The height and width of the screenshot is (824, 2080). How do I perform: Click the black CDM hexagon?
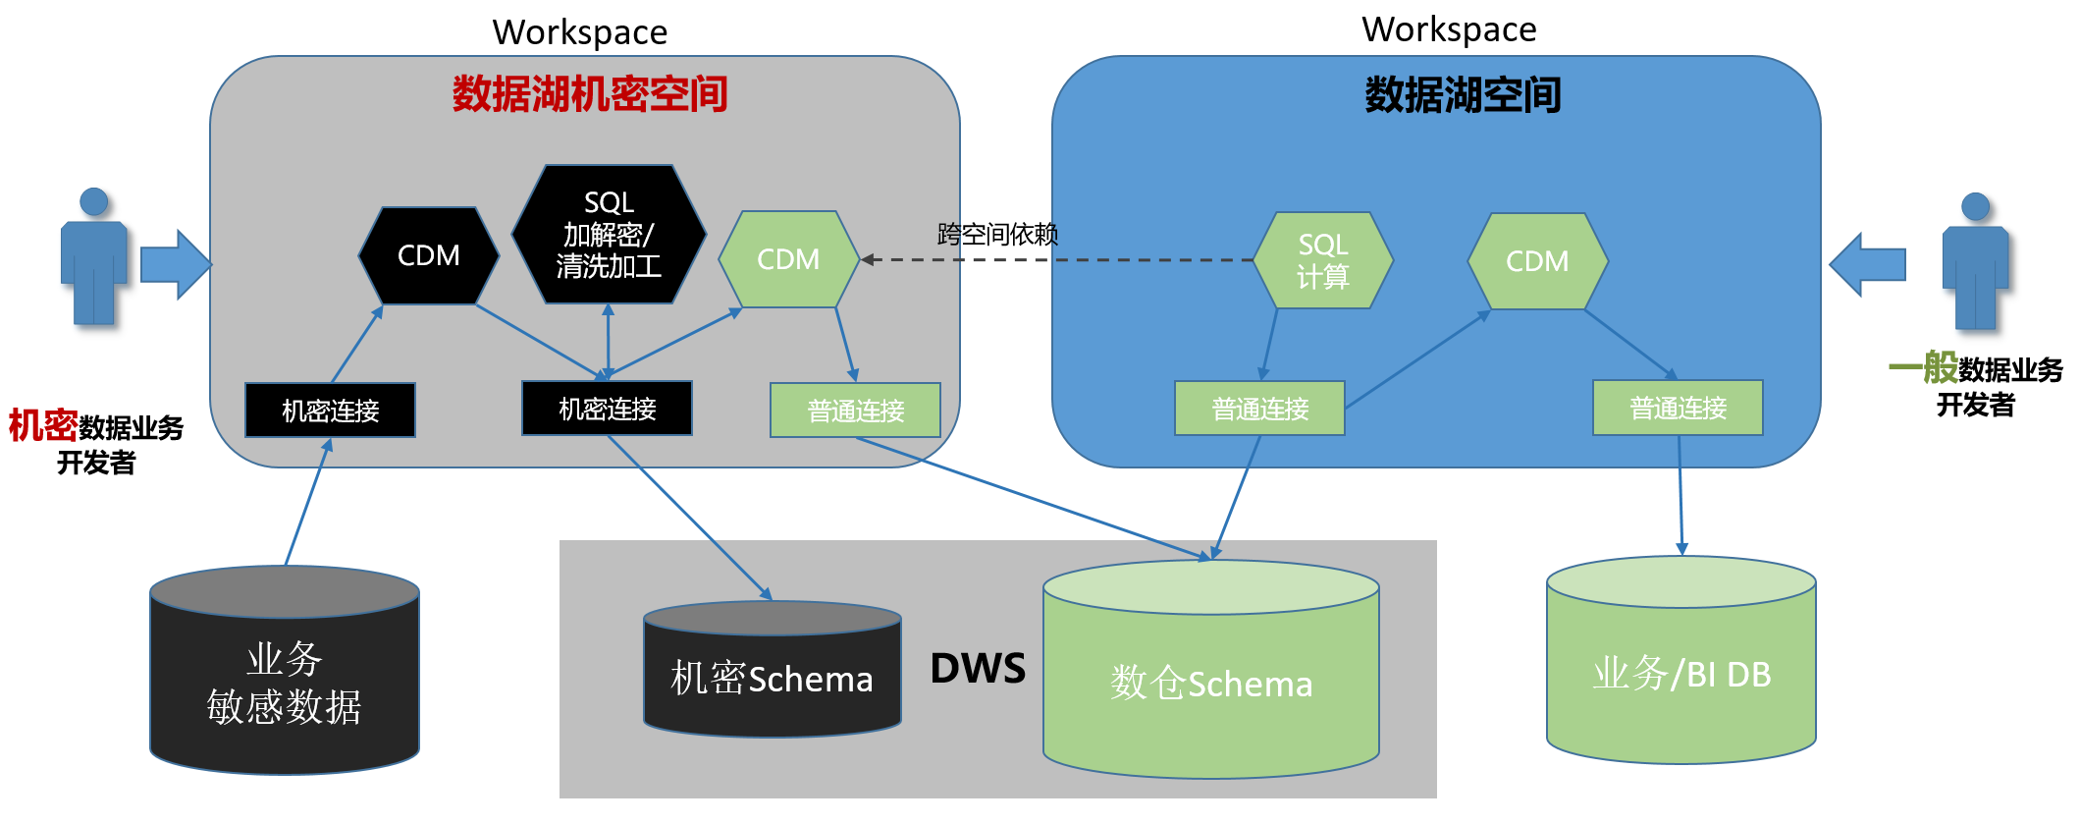pyautogui.click(x=429, y=255)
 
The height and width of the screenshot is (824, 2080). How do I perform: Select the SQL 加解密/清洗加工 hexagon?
pyautogui.click(x=609, y=234)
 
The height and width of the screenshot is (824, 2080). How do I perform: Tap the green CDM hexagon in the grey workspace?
pyautogui.click(x=788, y=259)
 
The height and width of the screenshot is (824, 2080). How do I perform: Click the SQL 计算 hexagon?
pyautogui.click(x=1322, y=260)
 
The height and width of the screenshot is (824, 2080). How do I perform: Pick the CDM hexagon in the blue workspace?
pyautogui.click(x=1537, y=261)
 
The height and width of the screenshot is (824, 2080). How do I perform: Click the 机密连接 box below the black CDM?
pyautogui.click(x=330, y=411)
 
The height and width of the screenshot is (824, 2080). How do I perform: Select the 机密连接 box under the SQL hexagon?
pyautogui.click(x=607, y=409)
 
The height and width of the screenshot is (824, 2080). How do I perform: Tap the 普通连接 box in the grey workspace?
pyautogui.click(x=855, y=411)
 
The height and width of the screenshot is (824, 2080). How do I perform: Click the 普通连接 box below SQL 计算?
pyautogui.click(x=1259, y=409)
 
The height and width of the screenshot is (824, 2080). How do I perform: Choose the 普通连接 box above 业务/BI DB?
pyautogui.click(x=1678, y=408)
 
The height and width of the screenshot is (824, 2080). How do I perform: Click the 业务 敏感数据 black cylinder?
pyautogui.click(x=285, y=683)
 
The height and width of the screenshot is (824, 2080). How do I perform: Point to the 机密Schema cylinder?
pyautogui.click(x=772, y=678)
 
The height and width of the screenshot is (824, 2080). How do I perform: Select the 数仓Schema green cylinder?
pyautogui.click(x=1210, y=683)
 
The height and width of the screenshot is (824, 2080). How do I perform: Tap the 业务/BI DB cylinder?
pyautogui.click(x=1680, y=674)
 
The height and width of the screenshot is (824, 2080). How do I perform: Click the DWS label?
pyautogui.click(x=978, y=669)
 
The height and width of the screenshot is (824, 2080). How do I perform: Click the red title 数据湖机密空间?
pyautogui.click(x=589, y=94)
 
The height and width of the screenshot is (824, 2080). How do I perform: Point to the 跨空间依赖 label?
pyautogui.click(x=997, y=234)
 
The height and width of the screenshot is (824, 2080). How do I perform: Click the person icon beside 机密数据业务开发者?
pyautogui.click(x=93, y=257)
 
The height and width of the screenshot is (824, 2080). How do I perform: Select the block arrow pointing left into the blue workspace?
pyautogui.click(x=1867, y=264)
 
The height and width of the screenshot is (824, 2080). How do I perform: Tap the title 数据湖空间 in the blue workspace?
pyautogui.click(x=1463, y=95)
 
